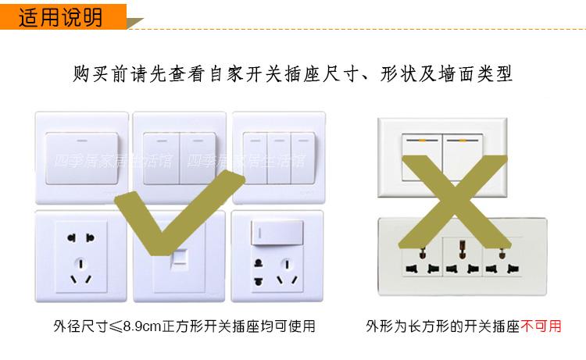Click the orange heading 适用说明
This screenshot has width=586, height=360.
click(60, 17)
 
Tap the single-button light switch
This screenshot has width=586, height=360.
click(82, 159)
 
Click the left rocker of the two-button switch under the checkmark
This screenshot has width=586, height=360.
click(161, 159)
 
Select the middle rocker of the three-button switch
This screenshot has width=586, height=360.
click(279, 158)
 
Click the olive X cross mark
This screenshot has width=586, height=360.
click(454, 202)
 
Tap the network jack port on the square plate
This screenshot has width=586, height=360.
click(179, 258)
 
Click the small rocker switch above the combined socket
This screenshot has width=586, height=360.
click(277, 233)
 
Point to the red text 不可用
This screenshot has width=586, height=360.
click(541, 326)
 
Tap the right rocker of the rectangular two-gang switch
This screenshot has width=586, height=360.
click(463, 157)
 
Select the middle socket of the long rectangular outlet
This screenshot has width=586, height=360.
click(463, 258)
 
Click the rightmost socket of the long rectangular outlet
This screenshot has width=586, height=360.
click(502, 258)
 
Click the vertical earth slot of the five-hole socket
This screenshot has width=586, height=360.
click(81, 264)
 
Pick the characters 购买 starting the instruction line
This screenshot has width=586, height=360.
click(91, 73)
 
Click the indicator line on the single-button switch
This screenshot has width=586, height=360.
click(82, 141)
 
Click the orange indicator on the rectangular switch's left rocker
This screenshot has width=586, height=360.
click(422, 141)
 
